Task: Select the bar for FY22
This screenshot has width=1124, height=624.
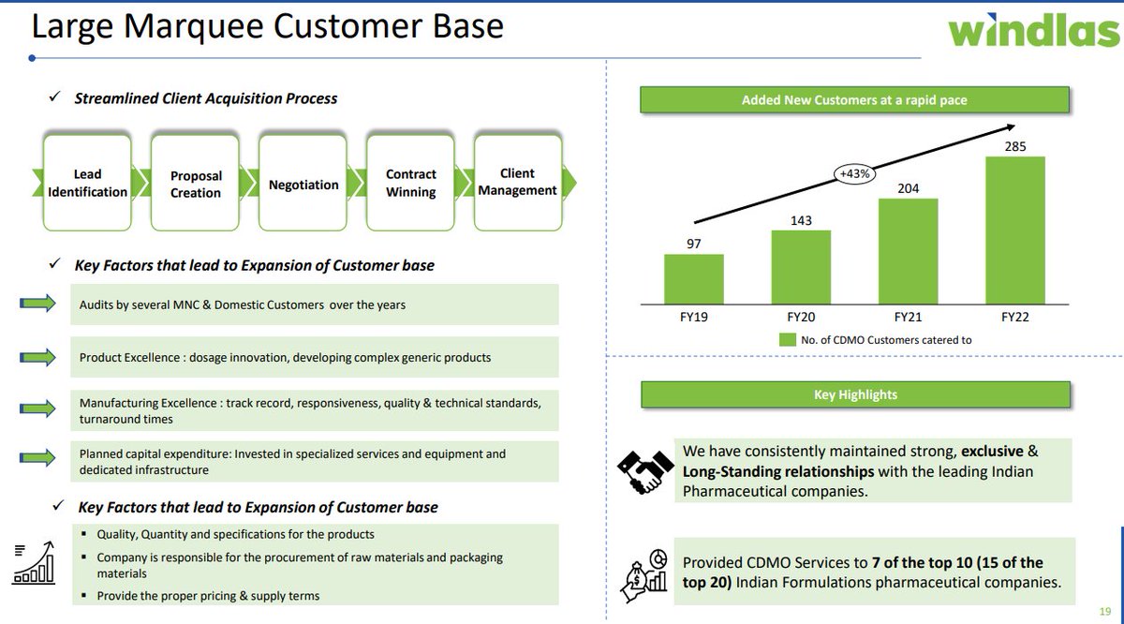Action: tap(1014, 230)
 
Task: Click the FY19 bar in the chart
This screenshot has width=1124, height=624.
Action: tap(693, 278)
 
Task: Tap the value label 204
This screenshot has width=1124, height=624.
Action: tap(908, 188)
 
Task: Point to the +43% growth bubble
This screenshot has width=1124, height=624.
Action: tap(855, 172)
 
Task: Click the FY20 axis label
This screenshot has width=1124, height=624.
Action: tap(801, 318)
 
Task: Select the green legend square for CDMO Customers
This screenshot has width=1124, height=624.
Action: tap(788, 340)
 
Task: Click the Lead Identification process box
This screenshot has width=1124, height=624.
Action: tap(87, 183)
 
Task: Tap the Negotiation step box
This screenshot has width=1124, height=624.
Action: tap(303, 185)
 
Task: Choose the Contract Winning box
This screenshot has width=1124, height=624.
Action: tap(411, 183)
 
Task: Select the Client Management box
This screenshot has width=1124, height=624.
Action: tap(517, 182)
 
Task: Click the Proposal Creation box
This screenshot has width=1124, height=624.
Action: tap(196, 184)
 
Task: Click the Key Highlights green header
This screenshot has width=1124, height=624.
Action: tap(855, 394)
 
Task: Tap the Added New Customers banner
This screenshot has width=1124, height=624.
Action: tap(854, 100)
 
